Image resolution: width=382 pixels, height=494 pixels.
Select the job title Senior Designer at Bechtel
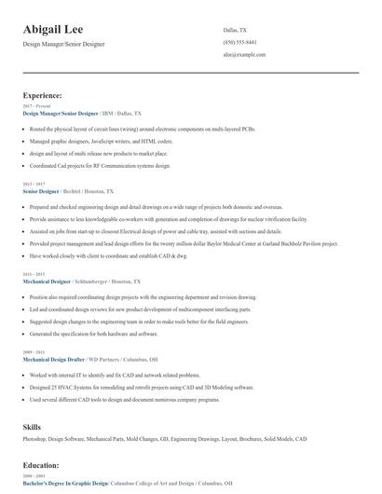(40, 190)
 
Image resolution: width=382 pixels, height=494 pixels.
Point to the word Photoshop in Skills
(37, 437)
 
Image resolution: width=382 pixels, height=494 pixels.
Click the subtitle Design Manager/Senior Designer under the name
(63, 44)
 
